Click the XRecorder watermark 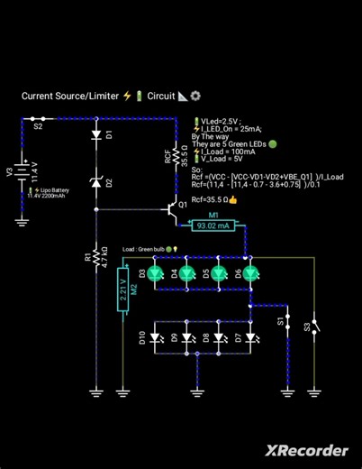(x=306, y=450)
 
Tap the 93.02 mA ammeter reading (x=213, y=225)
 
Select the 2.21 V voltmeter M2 (x=123, y=288)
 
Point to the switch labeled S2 (x=38, y=118)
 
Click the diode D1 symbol (x=96, y=136)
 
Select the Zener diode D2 (x=96, y=183)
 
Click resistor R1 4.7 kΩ (x=96, y=258)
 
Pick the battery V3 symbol (x=23, y=171)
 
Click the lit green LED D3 (x=154, y=272)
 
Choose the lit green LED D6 (x=249, y=272)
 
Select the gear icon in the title (x=195, y=96)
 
